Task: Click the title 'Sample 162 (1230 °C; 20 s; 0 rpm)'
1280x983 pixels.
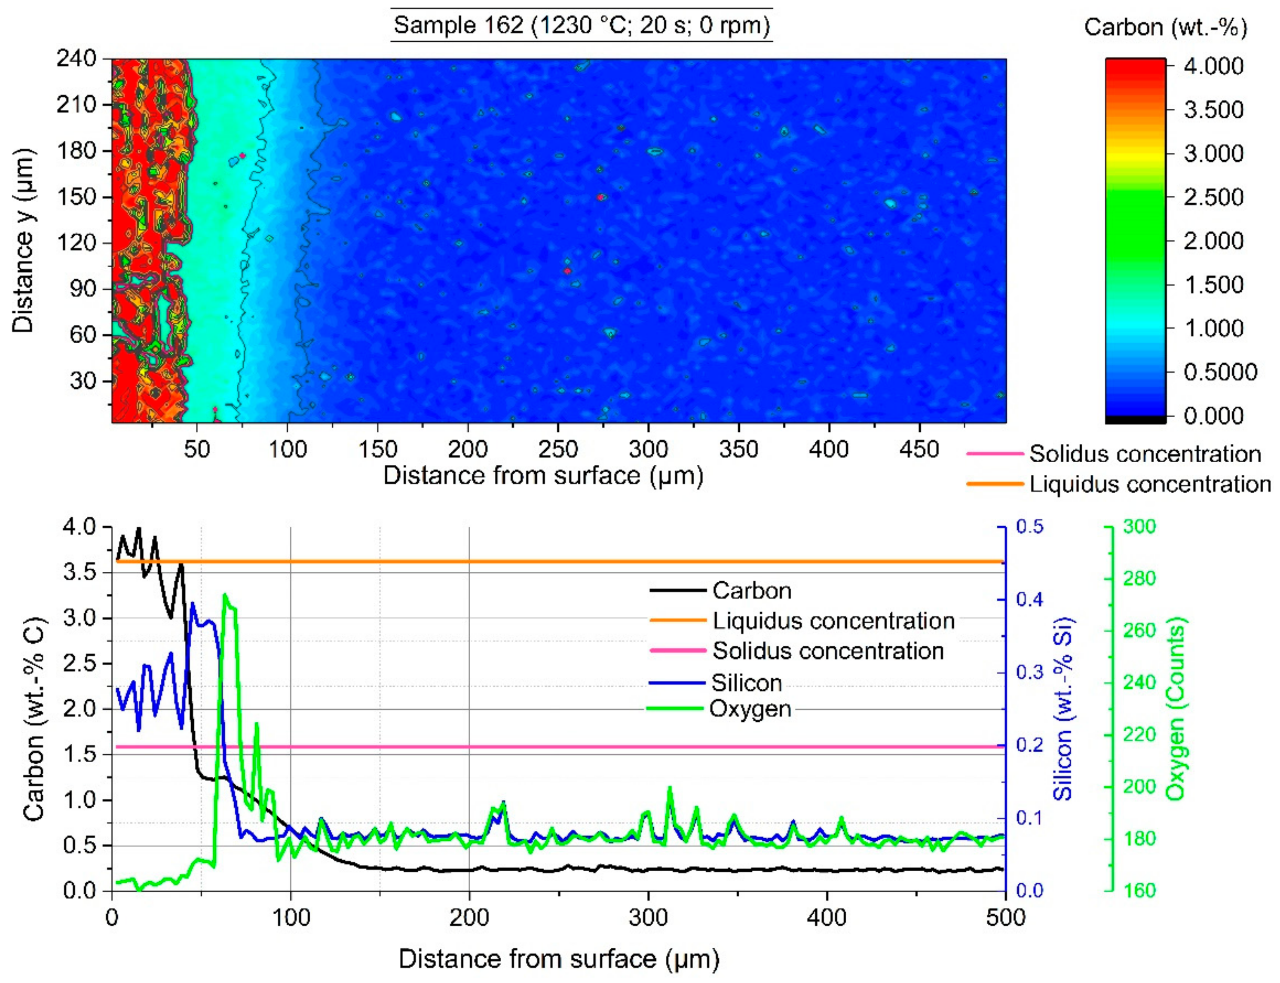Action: coord(581,25)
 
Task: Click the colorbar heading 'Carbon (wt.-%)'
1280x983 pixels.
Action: coord(1165,27)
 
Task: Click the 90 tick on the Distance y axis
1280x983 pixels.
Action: coord(83,288)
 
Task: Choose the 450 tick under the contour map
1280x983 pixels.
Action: coord(919,449)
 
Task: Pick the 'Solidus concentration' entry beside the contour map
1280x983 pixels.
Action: coord(1144,454)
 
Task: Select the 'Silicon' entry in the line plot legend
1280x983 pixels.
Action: coord(746,683)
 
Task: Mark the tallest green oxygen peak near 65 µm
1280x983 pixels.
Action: coord(225,595)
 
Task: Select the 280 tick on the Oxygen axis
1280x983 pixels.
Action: coord(1139,579)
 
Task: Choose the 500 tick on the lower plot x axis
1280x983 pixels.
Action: coord(1005,917)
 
